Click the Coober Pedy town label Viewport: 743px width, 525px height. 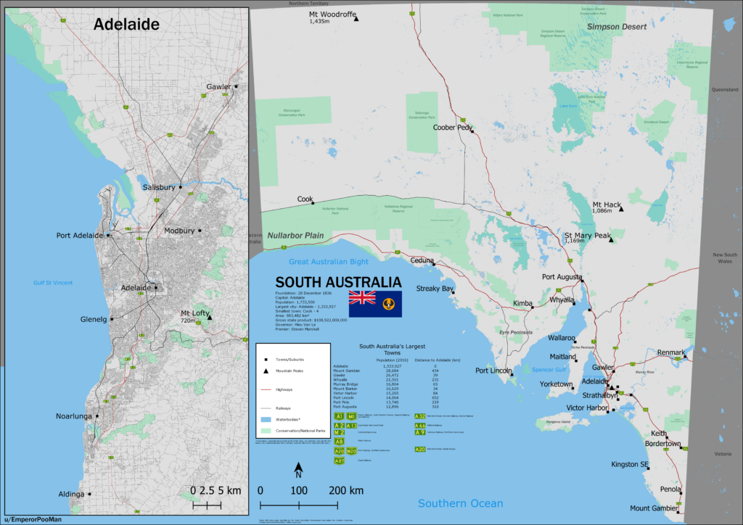tap(452, 128)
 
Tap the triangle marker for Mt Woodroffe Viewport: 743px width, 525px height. tap(356, 18)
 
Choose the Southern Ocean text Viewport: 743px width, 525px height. tap(460, 503)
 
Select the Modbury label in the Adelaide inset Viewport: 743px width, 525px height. tap(179, 231)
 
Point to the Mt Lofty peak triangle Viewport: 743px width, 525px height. tap(210, 318)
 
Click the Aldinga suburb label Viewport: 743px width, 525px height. tap(71, 495)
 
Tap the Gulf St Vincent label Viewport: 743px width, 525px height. tap(53, 283)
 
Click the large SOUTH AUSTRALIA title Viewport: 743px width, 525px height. tap(337, 282)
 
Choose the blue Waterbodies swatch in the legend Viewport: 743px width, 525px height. tap(266, 420)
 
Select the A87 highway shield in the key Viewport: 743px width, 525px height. tap(339, 460)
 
